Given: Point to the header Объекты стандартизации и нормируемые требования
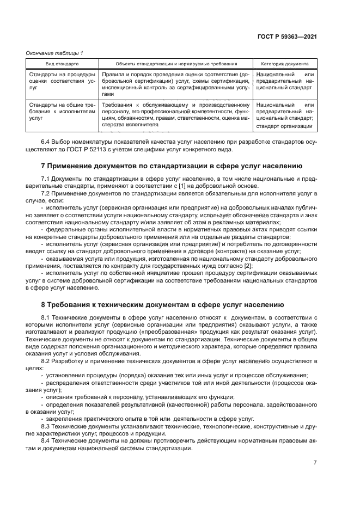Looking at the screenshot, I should [x=176, y=64].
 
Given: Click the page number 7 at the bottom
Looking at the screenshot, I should [x=315, y=463].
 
